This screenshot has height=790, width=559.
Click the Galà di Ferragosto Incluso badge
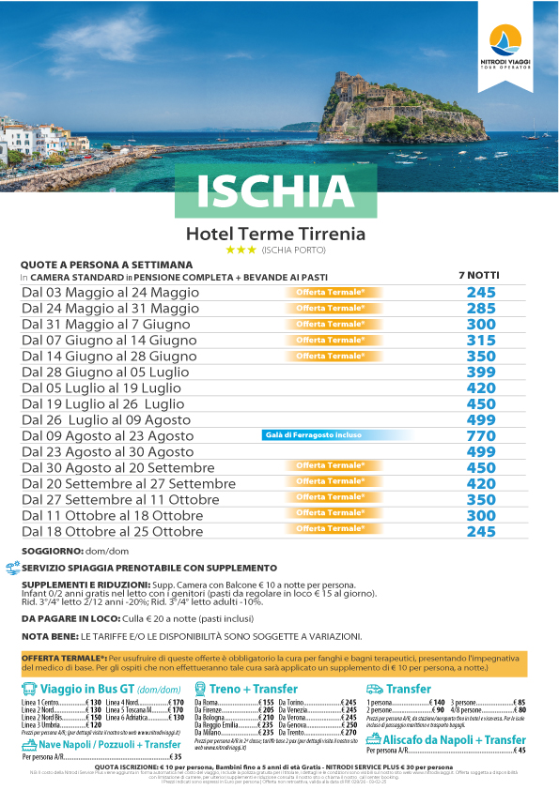tap(325, 436)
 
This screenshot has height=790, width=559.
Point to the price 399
tap(480, 372)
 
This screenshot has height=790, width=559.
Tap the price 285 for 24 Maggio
tap(480, 308)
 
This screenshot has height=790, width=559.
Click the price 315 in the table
tap(480, 340)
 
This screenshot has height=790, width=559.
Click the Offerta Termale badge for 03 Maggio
tap(330, 293)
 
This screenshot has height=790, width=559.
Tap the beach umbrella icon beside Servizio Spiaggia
tap(11, 569)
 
